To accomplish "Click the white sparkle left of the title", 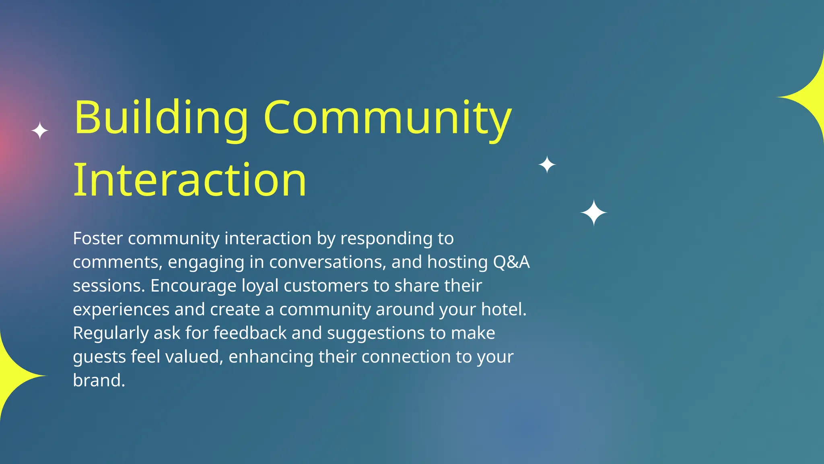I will tap(40, 131).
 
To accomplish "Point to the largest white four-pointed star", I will tap(593, 213).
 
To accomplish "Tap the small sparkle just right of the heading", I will tap(547, 165).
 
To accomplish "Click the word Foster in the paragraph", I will tap(97, 238).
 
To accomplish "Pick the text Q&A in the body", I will tap(511, 262).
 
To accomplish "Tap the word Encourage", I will tap(193, 286).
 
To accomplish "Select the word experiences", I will tap(121, 310).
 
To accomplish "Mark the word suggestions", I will tap(375, 333).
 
